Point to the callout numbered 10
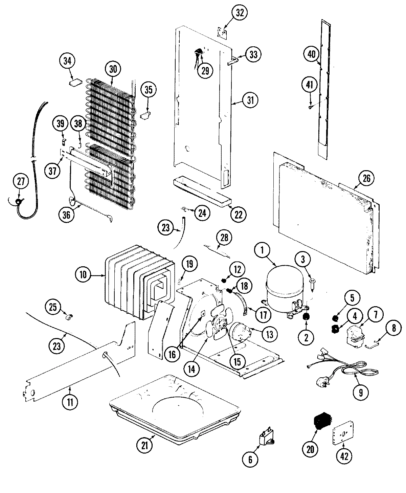[83, 275]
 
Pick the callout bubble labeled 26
[367, 178]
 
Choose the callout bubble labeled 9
[361, 392]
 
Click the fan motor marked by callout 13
[240, 331]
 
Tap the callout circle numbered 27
[21, 182]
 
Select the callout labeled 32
[240, 13]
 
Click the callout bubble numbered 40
[311, 54]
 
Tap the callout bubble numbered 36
[66, 216]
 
